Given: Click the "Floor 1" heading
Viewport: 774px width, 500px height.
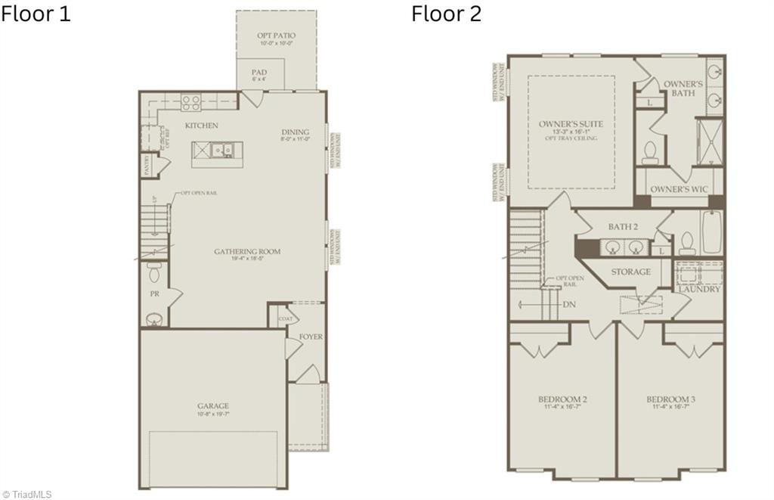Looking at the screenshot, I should (x=36, y=14).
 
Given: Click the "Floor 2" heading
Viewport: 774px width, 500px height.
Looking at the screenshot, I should (x=446, y=14).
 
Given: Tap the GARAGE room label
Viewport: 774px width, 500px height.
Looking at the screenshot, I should (x=213, y=406).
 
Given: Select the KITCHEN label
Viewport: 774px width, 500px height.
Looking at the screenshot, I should (x=201, y=126).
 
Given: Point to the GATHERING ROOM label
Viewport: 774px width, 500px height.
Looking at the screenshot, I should (x=247, y=252).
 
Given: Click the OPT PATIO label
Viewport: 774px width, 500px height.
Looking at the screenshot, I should (x=277, y=36).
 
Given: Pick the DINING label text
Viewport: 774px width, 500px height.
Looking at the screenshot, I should (x=296, y=132).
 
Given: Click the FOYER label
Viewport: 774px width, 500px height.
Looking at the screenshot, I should (x=311, y=337).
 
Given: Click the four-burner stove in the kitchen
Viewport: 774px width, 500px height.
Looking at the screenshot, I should (x=190, y=101).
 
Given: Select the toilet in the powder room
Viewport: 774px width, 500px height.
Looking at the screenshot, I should (x=154, y=272).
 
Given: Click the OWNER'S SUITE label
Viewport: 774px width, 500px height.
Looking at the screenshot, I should (x=571, y=123).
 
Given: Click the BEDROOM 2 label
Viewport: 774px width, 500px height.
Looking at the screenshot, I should (x=563, y=399).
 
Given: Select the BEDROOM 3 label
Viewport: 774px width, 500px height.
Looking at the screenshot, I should (x=671, y=399).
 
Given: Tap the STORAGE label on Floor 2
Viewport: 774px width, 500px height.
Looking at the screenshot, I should (x=631, y=272).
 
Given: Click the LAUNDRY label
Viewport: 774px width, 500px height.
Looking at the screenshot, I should (x=699, y=289).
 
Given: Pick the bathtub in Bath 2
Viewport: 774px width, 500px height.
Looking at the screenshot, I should (x=711, y=232).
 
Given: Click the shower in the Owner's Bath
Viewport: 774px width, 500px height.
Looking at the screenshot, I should (x=710, y=141).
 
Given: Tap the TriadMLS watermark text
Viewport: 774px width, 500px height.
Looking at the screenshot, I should (x=26, y=494).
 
